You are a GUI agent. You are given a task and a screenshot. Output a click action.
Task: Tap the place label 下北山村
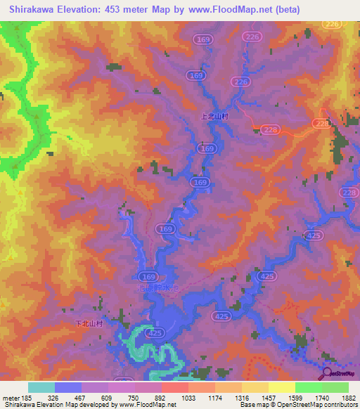click(x=89, y=323)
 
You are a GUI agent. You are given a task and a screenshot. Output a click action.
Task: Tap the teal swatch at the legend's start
click(x=41, y=387)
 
